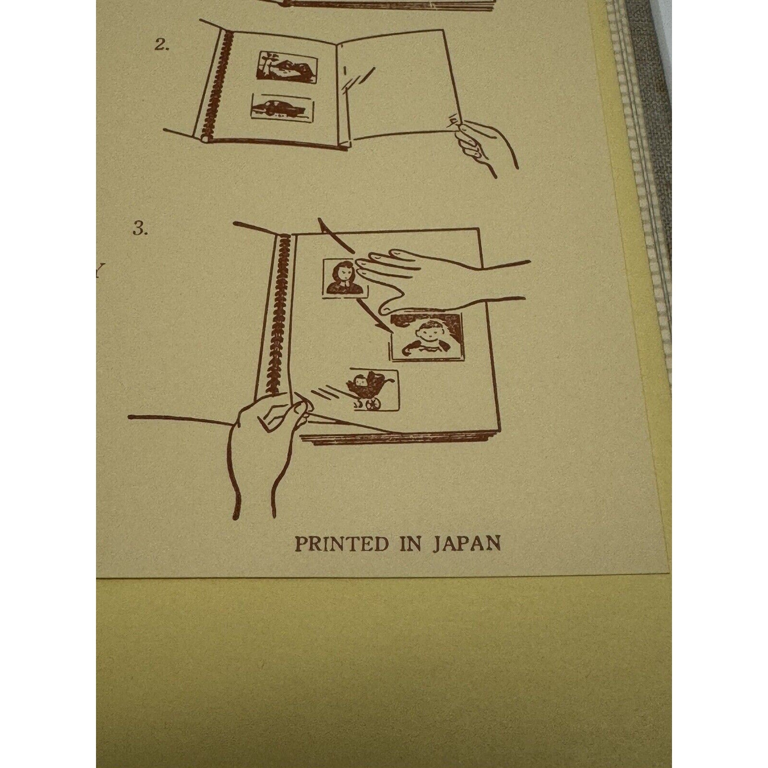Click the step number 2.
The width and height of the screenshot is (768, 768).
(x=161, y=46)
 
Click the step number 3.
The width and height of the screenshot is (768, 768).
(x=140, y=230)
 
